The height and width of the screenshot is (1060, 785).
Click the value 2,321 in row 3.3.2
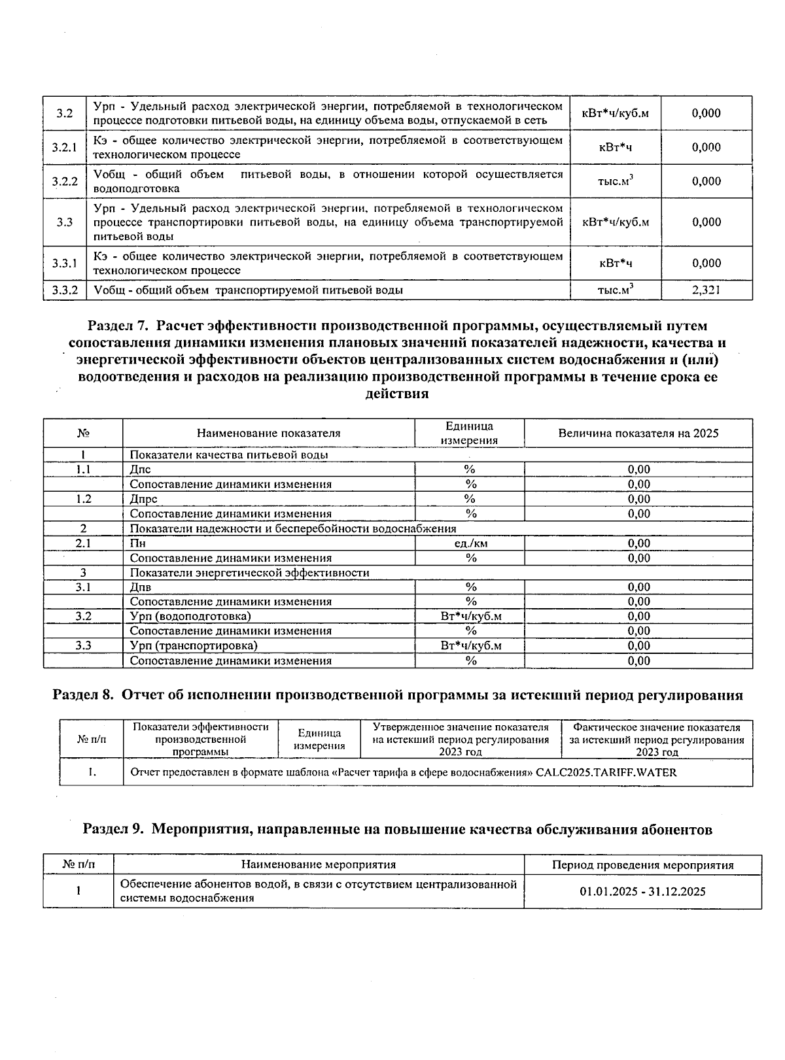pos(706,290)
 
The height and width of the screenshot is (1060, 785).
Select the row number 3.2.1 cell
pos(65,147)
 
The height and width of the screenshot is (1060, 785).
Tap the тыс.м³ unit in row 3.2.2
pos(615,181)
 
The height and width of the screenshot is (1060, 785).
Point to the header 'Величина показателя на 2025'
pos(638,433)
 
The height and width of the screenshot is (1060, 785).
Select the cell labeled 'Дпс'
pos(141,470)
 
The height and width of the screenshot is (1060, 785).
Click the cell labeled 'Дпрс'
pos(143,499)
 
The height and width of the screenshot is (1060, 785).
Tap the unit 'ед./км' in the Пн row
pos(470,543)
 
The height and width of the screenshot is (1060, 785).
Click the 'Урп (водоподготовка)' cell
pos(190,616)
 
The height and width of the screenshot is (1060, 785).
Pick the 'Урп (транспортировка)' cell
pos(194,645)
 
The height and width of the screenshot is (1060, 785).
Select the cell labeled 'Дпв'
pos(141,587)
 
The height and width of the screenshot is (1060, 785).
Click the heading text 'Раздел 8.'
pos(84,695)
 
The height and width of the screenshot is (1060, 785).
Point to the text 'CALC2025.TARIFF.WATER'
pos(606,772)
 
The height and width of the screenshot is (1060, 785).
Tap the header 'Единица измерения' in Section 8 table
pos(319,740)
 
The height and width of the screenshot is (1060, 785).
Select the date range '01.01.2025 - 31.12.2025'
pos(642,891)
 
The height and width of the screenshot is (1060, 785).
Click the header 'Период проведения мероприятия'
pos(642,865)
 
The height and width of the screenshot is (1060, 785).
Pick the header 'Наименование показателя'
pos(268,433)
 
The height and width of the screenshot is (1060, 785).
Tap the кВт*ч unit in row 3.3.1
pos(615,263)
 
